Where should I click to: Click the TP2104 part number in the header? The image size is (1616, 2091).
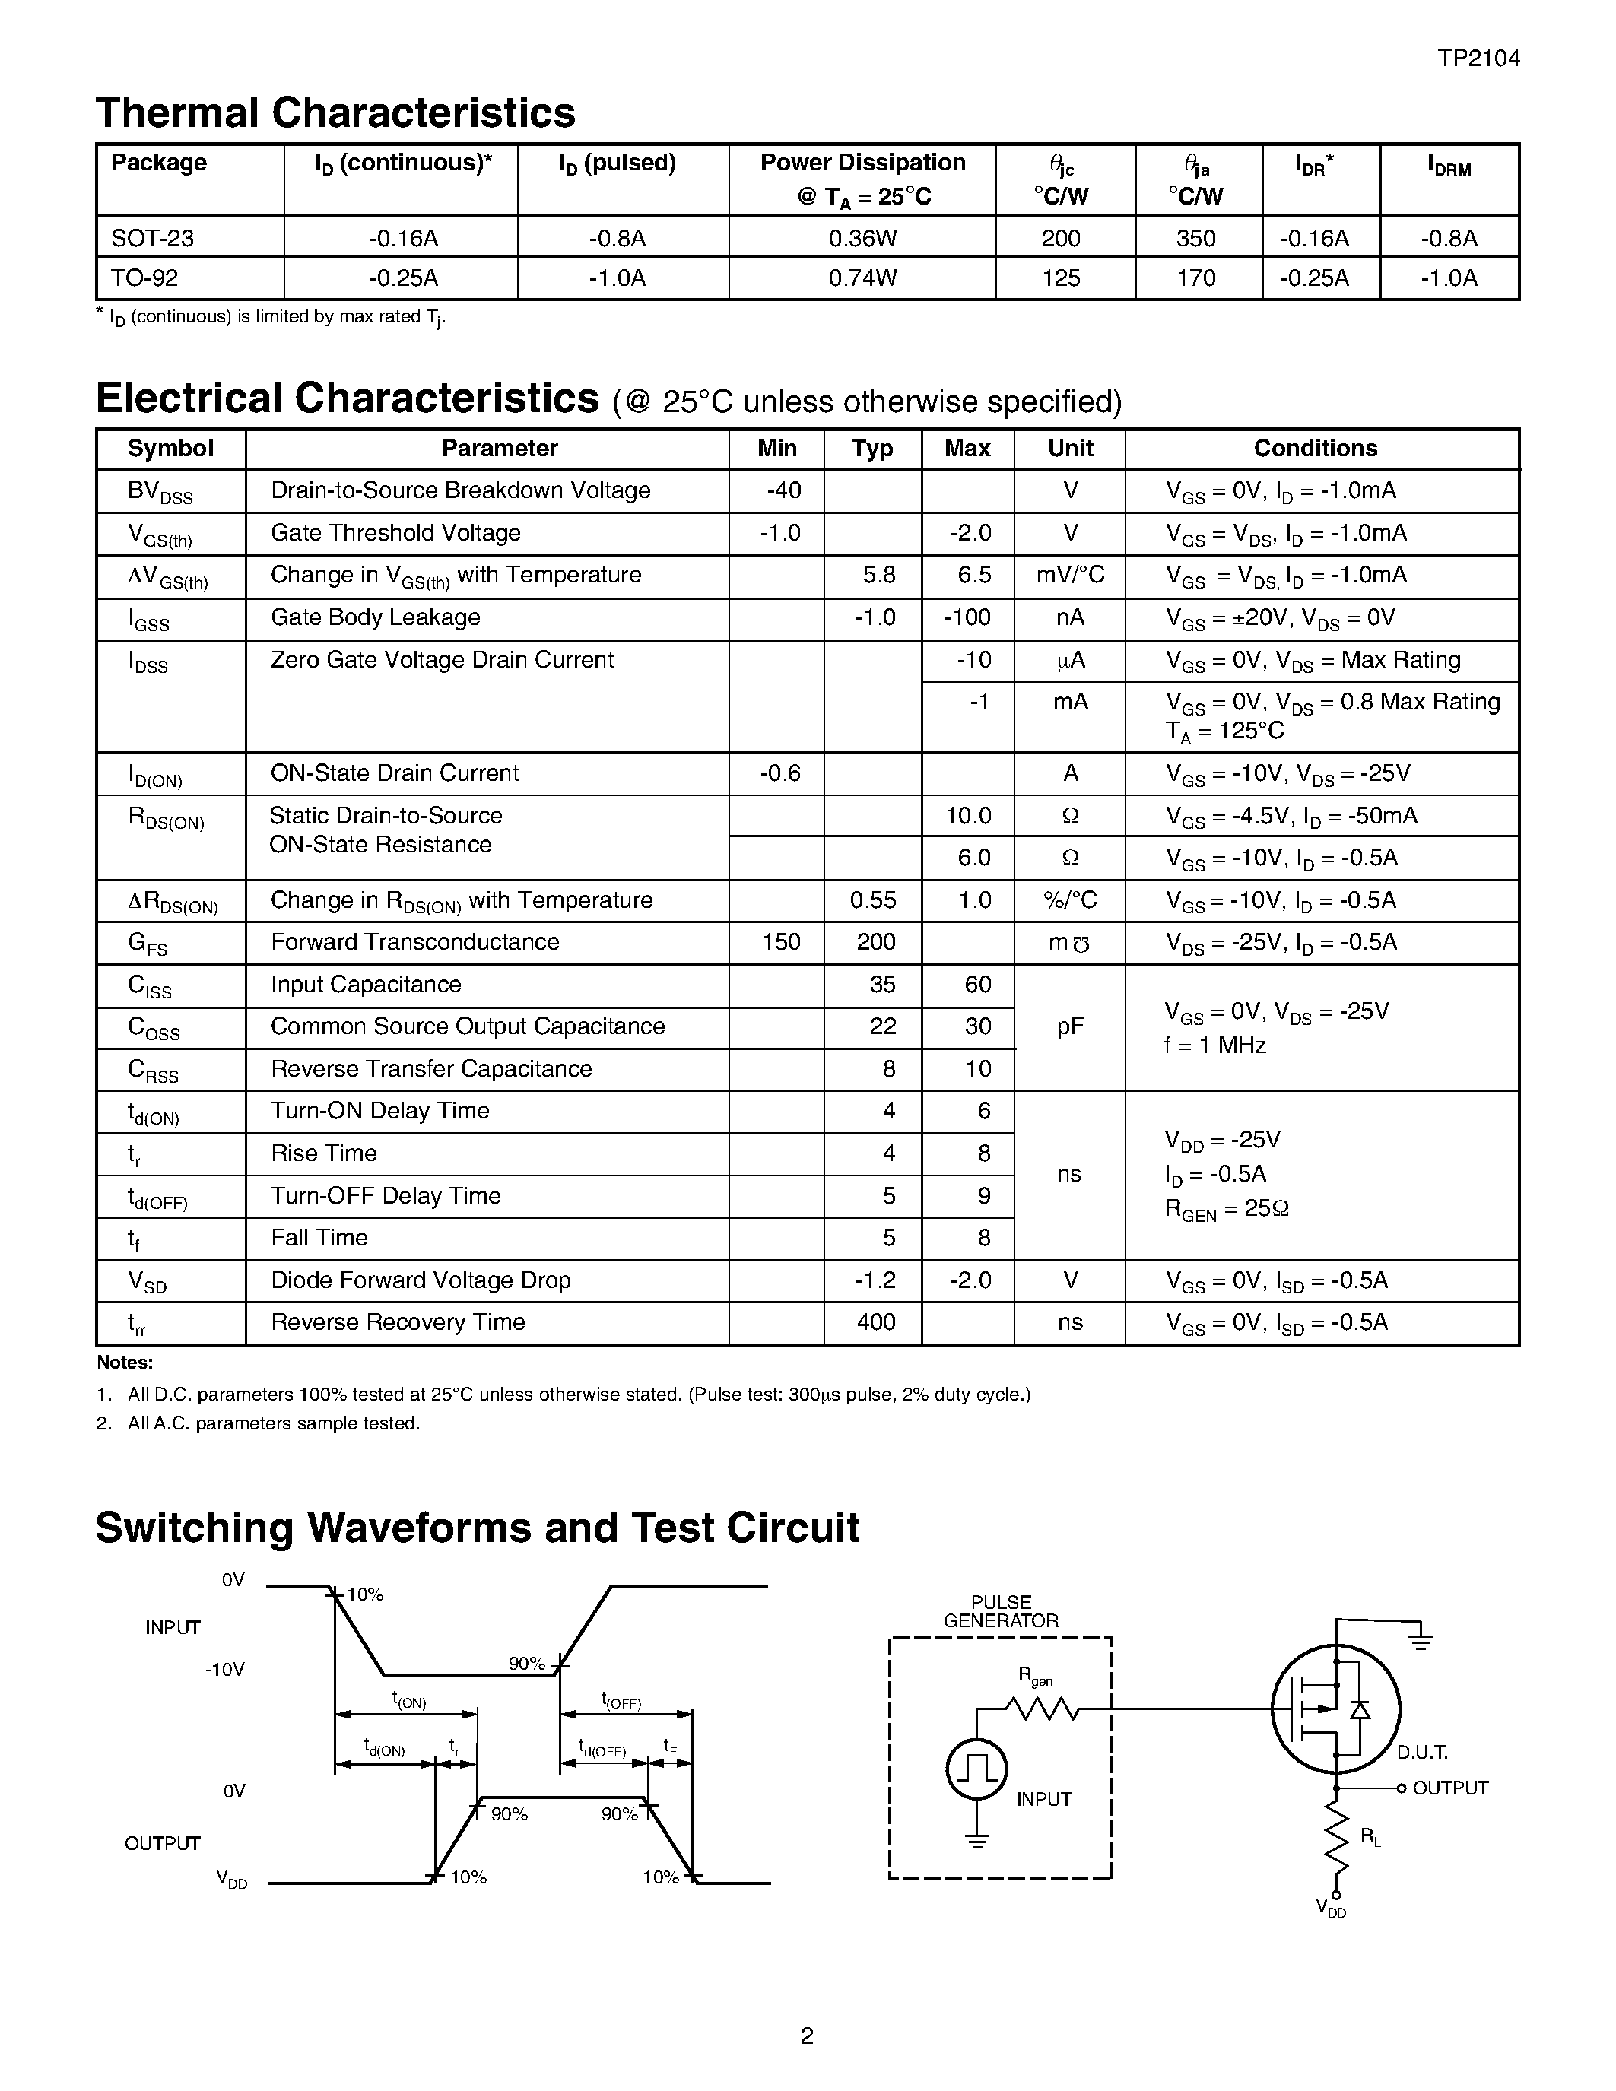[x=1478, y=59]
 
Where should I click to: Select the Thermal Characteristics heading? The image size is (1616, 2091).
[x=335, y=113]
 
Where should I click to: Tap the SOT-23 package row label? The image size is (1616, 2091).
[x=145, y=239]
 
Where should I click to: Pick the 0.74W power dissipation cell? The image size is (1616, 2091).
[x=862, y=278]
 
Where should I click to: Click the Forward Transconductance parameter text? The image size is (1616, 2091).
[x=414, y=942]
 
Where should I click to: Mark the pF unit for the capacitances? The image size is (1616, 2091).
[x=1069, y=1026]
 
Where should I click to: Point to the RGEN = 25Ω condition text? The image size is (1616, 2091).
[x=1227, y=1209]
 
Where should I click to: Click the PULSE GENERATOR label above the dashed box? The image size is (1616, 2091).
[x=1001, y=1611]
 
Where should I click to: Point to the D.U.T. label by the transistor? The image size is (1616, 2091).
[x=1421, y=1753]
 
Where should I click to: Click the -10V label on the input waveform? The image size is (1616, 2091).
[x=225, y=1670]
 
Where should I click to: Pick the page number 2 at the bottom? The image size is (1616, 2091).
[x=807, y=2035]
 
